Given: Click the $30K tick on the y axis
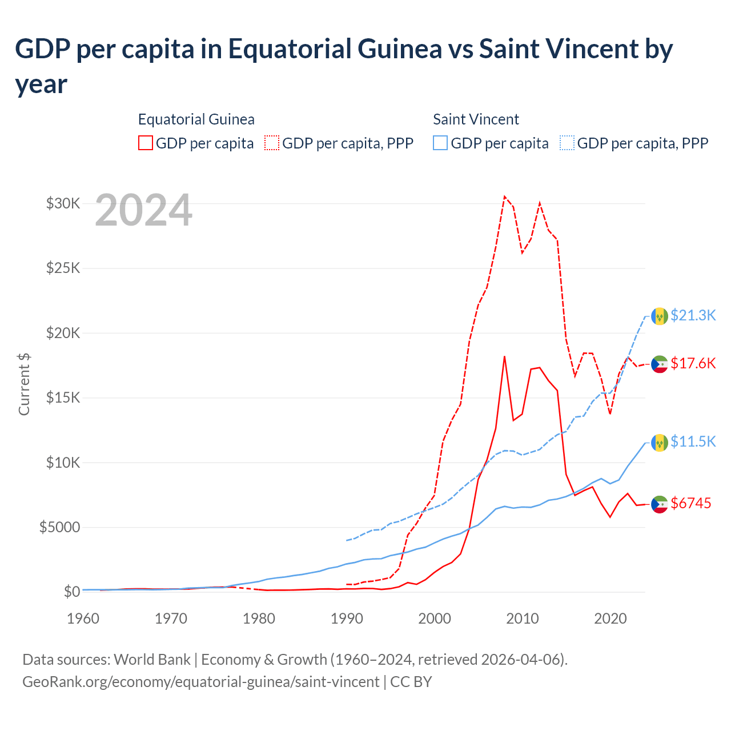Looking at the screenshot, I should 63,203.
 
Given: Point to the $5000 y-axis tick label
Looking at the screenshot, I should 59,527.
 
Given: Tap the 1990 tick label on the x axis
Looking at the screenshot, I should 347,618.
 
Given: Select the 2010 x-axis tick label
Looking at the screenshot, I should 523,618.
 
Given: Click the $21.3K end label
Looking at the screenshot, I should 693,315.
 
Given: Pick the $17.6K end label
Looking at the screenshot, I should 693,363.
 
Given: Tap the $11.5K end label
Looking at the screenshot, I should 693,441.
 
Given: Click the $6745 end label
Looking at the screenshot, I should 690,503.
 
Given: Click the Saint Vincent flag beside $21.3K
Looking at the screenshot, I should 660,316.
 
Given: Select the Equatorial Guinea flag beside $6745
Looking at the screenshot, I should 660,504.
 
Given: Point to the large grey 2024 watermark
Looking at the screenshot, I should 143,210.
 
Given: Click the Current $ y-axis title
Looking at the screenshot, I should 24,384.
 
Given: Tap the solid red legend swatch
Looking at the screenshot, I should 146,143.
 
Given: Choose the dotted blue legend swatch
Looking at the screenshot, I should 567,143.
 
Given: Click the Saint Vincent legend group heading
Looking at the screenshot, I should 476,119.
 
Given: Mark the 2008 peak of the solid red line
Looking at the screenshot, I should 504,356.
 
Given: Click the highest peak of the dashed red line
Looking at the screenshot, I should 504,196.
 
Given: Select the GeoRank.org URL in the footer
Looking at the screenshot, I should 200,682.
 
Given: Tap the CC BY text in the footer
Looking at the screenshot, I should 411,682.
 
